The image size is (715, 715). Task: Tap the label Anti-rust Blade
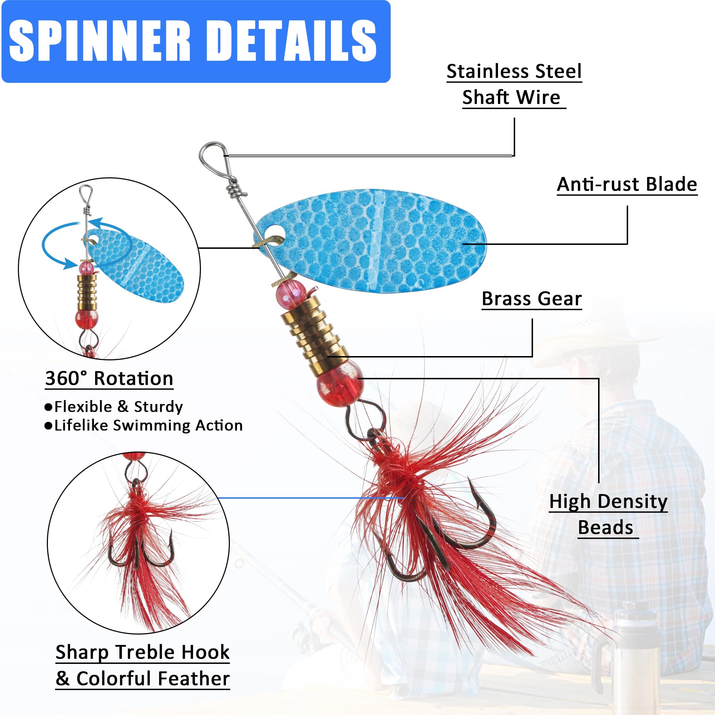(627, 184)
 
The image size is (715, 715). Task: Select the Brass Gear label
(532, 299)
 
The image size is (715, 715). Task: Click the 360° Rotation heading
(109, 378)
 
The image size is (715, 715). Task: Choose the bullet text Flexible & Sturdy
(118, 407)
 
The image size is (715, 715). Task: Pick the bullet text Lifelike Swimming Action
(148, 425)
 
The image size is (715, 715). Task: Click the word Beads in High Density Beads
(606, 527)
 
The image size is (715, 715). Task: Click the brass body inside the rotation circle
(87, 292)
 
